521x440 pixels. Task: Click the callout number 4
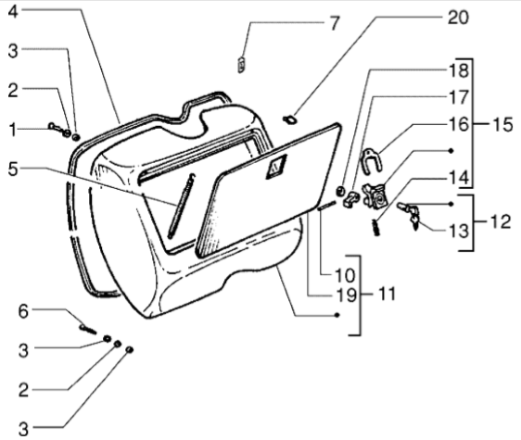(x=13, y=12)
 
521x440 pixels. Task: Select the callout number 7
(x=334, y=23)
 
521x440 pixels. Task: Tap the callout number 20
(x=458, y=18)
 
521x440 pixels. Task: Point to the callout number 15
(x=502, y=125)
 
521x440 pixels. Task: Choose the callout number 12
(x=501, y=221)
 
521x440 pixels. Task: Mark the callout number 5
(x=13, y=170)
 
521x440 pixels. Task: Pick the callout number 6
(x=23, y=312)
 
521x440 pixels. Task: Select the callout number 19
(x=346, y=295)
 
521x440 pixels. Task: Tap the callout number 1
(x=13, y=131)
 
